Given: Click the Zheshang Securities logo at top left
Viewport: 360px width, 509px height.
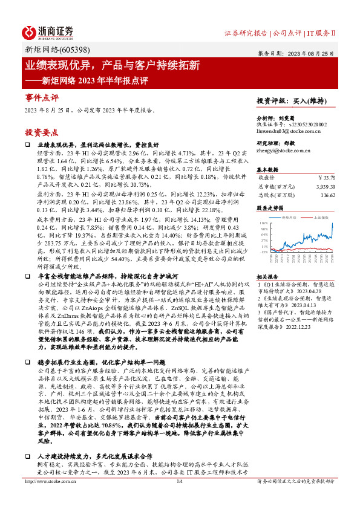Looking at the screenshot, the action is click(48, 31).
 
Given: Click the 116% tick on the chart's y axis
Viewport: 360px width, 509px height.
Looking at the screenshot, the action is click(263, 223).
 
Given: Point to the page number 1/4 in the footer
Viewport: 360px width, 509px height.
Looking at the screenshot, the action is click(179, 499).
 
